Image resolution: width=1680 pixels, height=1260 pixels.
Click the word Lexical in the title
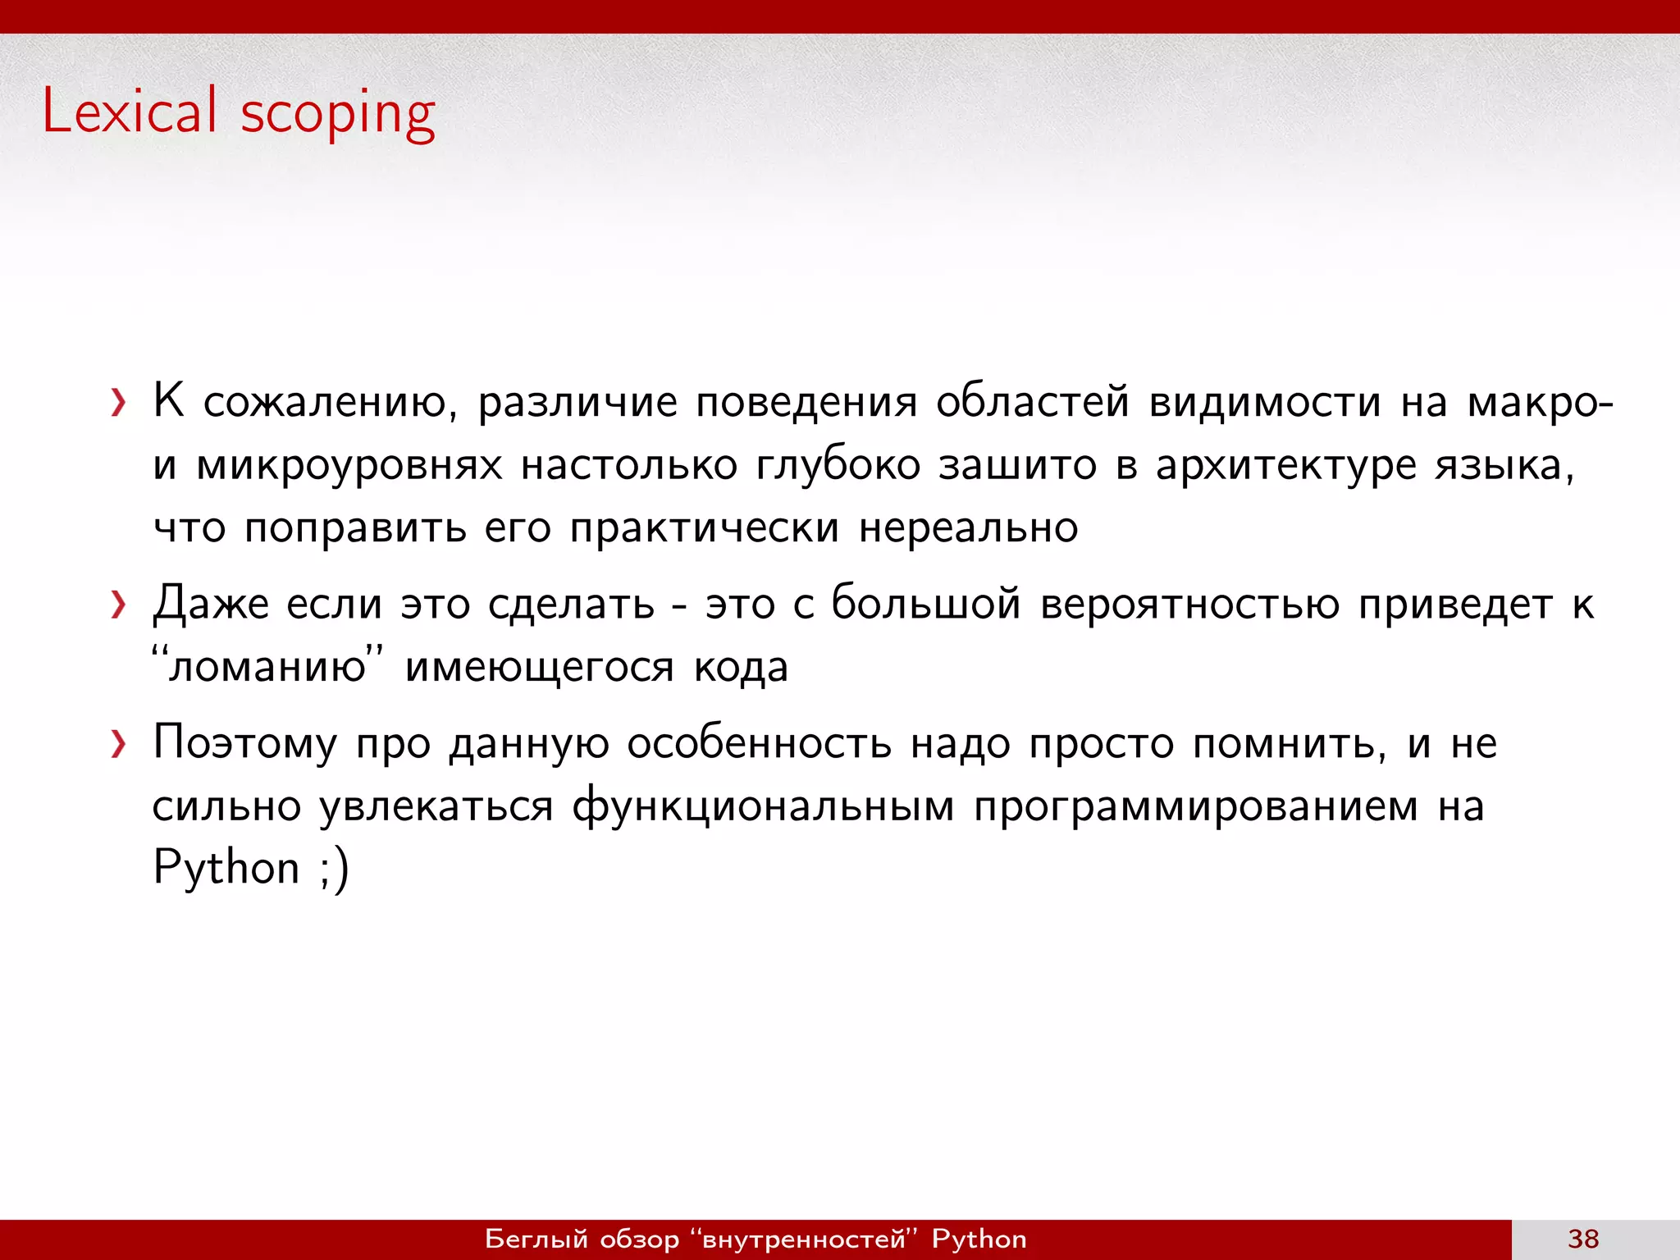(130, 111)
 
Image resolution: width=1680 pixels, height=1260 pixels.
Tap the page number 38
(1582, 1239)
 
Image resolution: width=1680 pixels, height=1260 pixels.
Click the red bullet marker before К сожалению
(119, 403)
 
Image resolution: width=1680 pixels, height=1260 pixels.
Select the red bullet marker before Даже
(119, 605)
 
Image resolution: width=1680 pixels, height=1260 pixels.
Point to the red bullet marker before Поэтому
(119, 744)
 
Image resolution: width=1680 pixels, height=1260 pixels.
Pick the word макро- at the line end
(1540, 404)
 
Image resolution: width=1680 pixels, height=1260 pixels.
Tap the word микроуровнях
(349, 466)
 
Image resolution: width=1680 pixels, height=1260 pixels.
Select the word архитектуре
(1285, 466)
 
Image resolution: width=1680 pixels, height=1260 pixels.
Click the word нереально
(968, 527)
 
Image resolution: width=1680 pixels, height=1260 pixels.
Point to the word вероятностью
(1189, 605)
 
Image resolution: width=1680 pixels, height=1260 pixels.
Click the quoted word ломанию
(267, 666)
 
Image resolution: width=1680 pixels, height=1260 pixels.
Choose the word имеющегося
(539, 668)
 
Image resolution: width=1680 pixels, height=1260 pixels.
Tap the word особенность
(759, 744)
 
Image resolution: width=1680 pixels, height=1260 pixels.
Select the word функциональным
(763, 806)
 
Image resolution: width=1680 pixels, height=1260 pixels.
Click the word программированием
(1196, 806)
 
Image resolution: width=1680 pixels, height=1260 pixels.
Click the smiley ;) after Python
(334, 868)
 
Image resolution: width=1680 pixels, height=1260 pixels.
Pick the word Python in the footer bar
(979, 1239)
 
